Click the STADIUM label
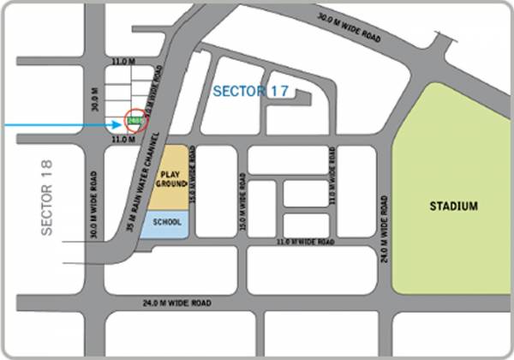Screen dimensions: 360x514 [455, 207]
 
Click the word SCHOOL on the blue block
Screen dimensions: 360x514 [167, 222]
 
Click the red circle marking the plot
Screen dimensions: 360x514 [136, 121]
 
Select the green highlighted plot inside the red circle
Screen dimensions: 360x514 [135, 122]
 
